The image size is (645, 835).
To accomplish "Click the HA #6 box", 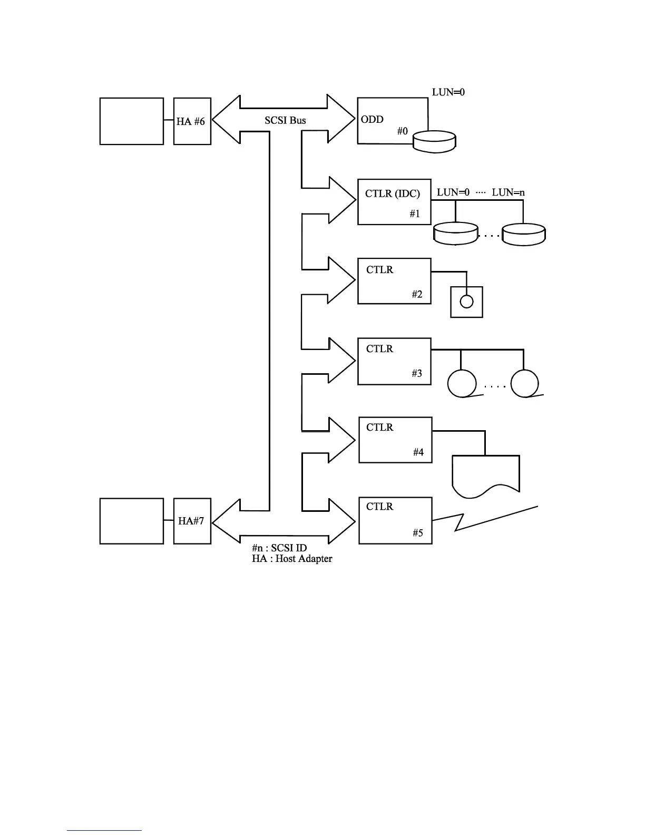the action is click(x=192, y=121).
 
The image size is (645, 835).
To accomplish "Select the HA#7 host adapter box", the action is click(x=192, y=521).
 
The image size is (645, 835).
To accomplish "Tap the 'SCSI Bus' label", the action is click(x=285, y=121).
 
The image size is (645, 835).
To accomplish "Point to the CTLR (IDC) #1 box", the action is click(x=394, y=202).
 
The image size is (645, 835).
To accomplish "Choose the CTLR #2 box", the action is click(x=394, y=281).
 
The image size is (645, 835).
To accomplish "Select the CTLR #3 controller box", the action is click(x=394, y=361).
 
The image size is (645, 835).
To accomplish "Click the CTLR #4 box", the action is click(x=395, y=440).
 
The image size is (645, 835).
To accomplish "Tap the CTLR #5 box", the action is click(x=395, y=520).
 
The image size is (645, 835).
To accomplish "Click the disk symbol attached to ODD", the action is click(x=435, y=142).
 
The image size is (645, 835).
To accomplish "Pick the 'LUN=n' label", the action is click(x=508, y=192).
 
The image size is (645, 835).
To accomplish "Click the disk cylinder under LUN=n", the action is click(x=524, y=234).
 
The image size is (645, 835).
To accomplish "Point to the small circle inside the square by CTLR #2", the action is click(x=467, y=302).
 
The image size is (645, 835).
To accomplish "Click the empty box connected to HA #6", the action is click(x=132, y=121).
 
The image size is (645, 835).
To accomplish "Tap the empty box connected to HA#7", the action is click(x=132, y=521).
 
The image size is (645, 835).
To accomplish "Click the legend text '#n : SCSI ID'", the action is click(x=279, y=548).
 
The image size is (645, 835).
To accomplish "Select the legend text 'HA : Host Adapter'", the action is click(x=292, y=559).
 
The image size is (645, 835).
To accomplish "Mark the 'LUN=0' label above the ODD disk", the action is click(x=448, y=92).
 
